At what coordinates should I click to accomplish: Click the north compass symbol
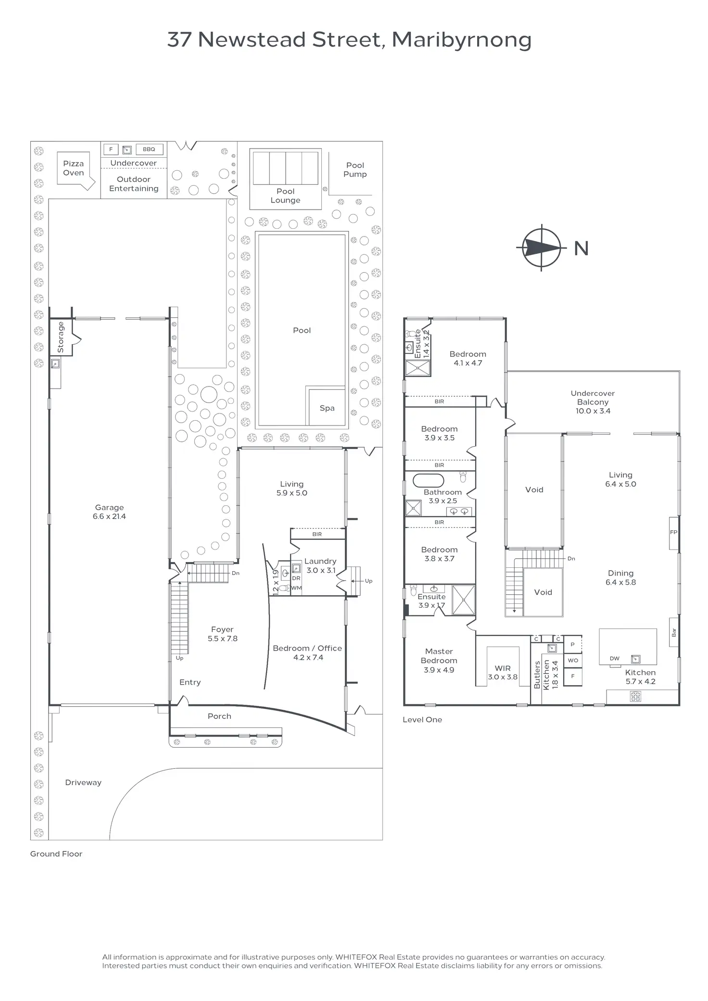pyautogui.click(x=542, y=248)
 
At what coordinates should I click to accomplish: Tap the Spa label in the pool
pyautogui.click(x=327, y=408)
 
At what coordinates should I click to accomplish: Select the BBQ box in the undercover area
pyautogui.click(x=149, y=149)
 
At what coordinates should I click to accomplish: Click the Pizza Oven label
pyautogui.click(x=74, y=168)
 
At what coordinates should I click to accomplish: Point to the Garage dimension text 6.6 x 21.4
pyautogui.click(x=109, y=516)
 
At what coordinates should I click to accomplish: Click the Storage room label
pyautogui.click(x=61, y=337)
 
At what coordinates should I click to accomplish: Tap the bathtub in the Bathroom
pyautogui.click(x=427, y=480)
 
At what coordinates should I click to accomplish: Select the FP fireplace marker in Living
pyautogui.click(x=673, y=533)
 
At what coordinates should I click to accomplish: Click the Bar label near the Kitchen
pyautogui.click(x=674, y=633)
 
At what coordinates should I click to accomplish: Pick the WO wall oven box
pyautogui.click(x=573, y=660)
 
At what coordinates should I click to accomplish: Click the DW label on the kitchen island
pyautogui.click(x=615, y=659)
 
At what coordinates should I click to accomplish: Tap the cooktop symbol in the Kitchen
pyautogui.click(x=635, y=696)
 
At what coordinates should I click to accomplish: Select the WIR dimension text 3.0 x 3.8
pyautogui.click(x=503, y=677)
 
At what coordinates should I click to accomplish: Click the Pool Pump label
pyautogui.click(x=355, y=170)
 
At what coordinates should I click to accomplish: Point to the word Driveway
pyautogui.click(x=83, y=783)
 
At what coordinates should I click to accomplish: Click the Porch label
pyautogui.click(x=219, y=716)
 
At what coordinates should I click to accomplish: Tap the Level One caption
pyautogui.click(x=422, y=720)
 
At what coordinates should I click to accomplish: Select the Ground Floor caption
pyautogui.click(x=56, y=854)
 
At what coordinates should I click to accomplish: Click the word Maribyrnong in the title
pyautogui.click(x=462, y=40)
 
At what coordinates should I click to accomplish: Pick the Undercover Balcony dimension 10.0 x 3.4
pyautogui.click(x=593, y=411)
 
